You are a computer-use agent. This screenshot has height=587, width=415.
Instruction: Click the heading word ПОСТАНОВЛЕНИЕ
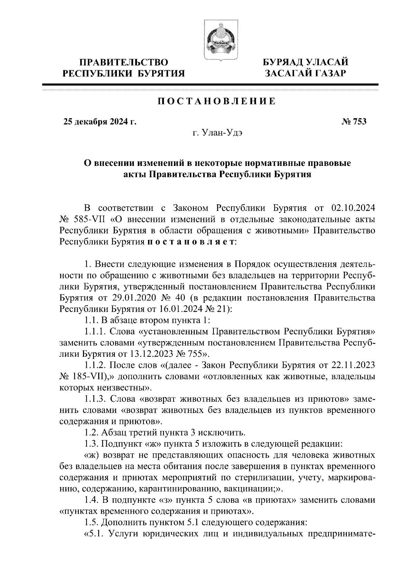[x=217, y=102]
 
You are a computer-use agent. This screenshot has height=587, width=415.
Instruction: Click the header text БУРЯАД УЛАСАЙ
[x=305, y=62]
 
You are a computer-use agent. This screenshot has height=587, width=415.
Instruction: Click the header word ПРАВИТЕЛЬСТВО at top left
[x=124, y=62]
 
